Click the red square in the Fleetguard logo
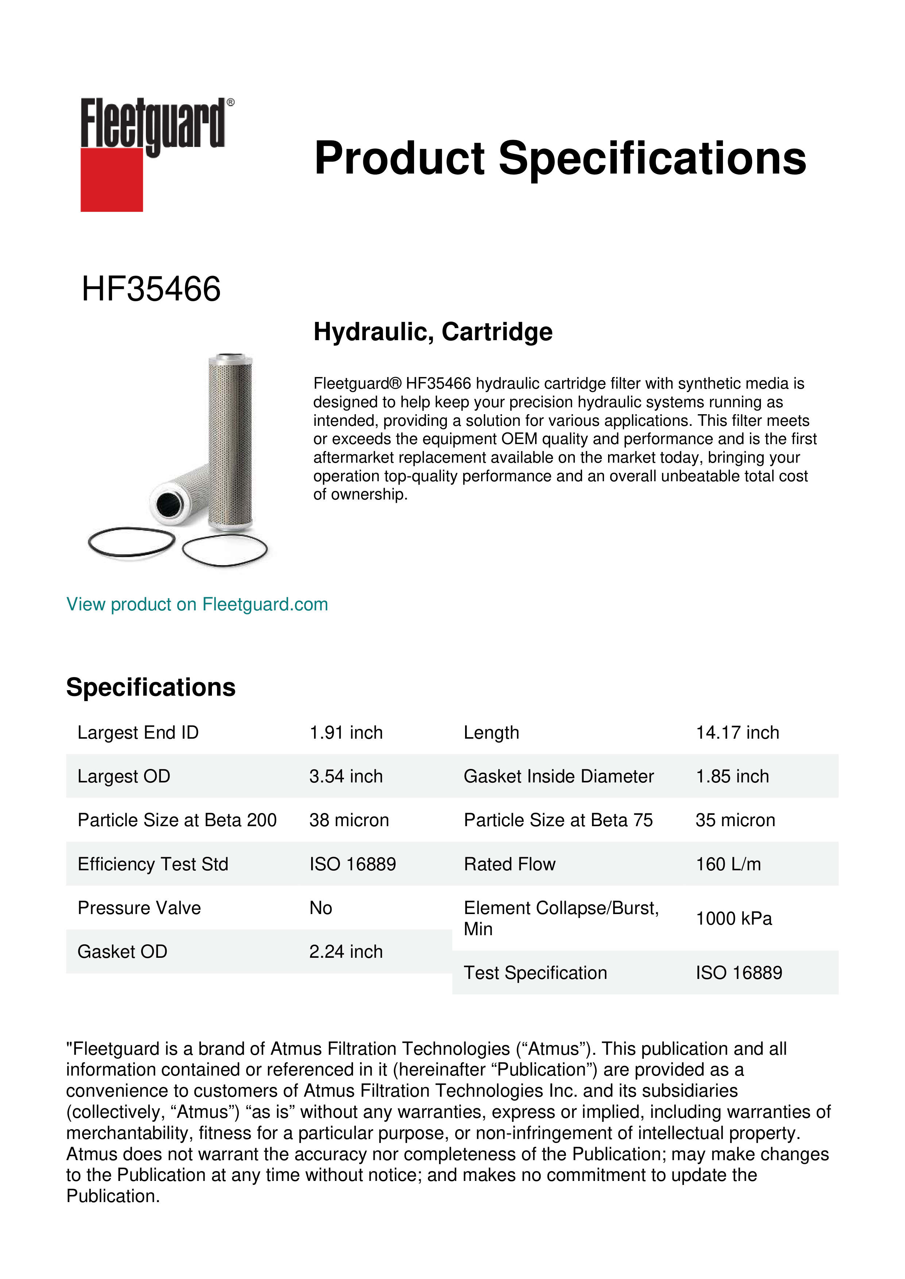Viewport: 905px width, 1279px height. tap(112, 179)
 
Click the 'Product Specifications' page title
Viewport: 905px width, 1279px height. tap(560, 158)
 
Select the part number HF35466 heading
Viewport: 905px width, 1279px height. tap(151, 289)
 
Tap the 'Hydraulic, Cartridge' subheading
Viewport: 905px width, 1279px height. tap(433, 332)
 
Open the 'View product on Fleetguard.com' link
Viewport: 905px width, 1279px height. tap(197, 604)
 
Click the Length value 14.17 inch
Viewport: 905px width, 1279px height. tap(737, 732)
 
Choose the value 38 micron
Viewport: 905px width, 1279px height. tap(349, 820)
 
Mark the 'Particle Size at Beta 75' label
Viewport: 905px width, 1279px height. tap(558, 820)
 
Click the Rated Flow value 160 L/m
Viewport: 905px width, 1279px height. tap(728, 864)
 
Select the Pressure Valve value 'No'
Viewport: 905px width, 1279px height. tap(320, 908)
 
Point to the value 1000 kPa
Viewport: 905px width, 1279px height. tap(733, 918)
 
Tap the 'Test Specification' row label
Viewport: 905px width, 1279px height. tap(535, 973)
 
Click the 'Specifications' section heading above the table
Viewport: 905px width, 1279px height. tap(150, 687)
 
